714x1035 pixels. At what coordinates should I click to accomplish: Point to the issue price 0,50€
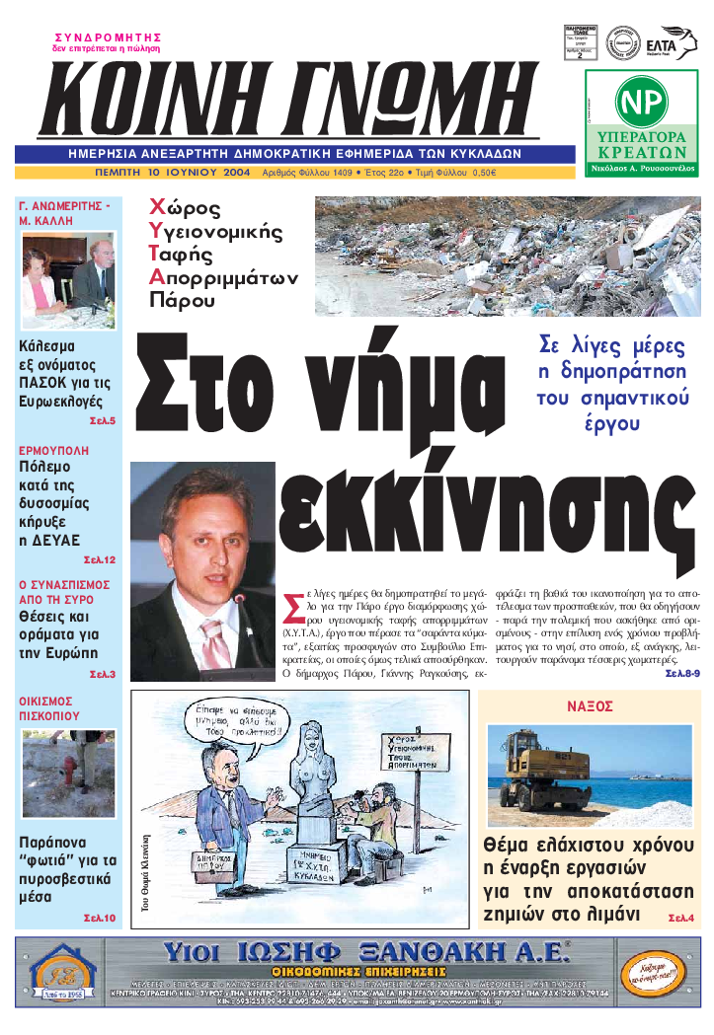484,173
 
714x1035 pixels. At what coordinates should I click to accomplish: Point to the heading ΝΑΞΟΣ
591,706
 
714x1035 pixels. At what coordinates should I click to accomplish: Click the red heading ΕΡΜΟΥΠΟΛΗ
53,450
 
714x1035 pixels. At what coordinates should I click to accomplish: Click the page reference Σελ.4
680,919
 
